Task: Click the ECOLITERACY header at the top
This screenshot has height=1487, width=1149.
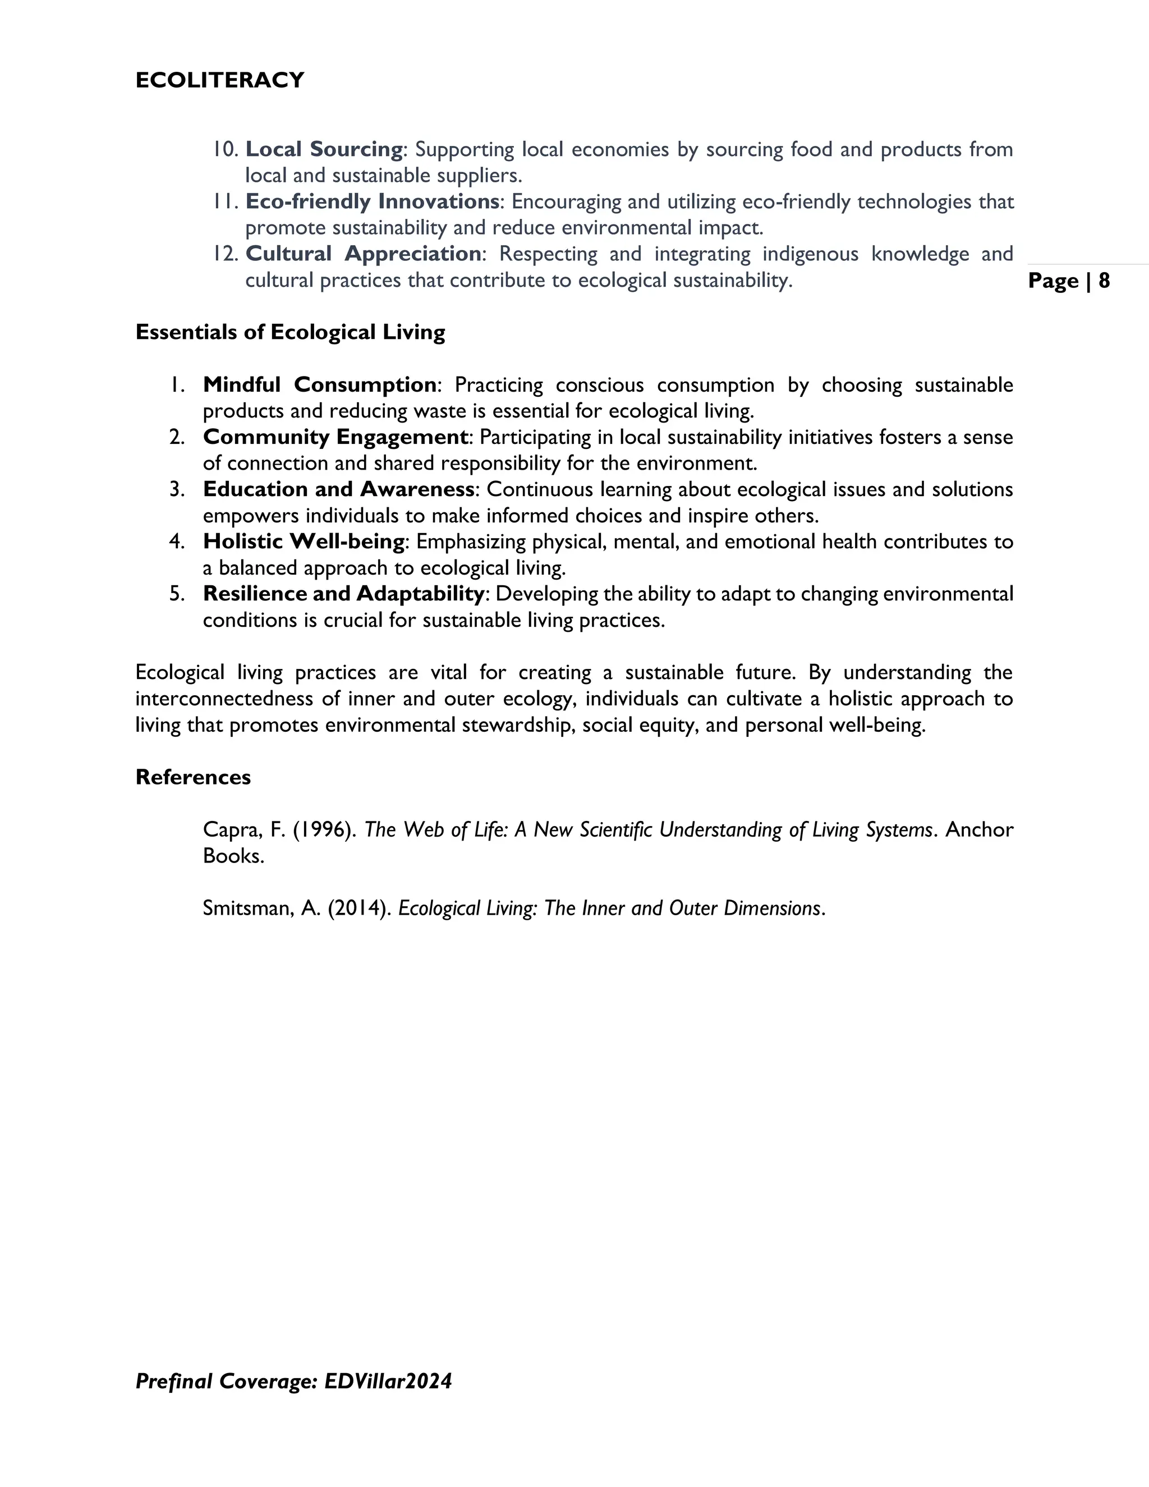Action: click(x=220, y=80)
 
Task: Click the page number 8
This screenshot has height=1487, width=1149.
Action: click(x=1104, y=281)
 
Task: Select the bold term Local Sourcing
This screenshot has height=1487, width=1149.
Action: click(x=324, y=149)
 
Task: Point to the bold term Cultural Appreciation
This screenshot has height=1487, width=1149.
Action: click(x=364, y=254)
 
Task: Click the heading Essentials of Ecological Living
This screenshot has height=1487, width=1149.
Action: click(x=290, y=332)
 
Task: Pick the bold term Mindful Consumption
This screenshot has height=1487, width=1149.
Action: click(x=319, y=385)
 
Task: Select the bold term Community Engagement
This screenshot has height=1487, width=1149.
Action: click(x=335, y=437)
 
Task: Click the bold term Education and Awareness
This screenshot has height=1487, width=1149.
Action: click(x=338, y=489)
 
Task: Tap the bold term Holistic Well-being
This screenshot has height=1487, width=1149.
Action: click(x=304, y=542)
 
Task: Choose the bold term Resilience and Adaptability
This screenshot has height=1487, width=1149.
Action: click(x=343, y=594)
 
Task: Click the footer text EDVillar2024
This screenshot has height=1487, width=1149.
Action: click(x=388, y=1382)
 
